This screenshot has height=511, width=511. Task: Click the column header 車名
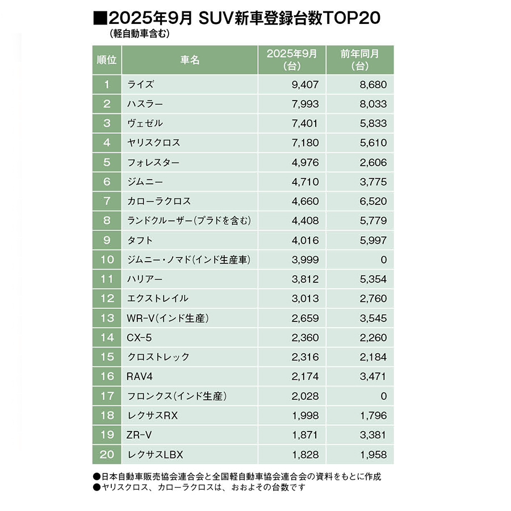click(x=190, y=60)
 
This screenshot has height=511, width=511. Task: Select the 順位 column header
click(x=106, y=60)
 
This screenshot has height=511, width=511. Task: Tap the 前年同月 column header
click(x=360, y=60)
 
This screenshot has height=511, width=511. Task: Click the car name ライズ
click(x=141, y=85)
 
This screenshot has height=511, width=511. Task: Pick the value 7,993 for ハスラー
click(x=304, y=104)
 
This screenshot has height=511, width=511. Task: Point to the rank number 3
click(x=106, y=123)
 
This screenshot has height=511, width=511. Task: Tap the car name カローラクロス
click(x=159, y=201)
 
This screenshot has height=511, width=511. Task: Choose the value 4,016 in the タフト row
click(x=304, y=240)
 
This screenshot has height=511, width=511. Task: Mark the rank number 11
click(x=106, y=279)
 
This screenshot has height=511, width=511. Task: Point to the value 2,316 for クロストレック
click(x=304, y=357)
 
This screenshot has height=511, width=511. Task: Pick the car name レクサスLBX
click(x=156, y=454)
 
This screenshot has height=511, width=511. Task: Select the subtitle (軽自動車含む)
click(x=136, y=34)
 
